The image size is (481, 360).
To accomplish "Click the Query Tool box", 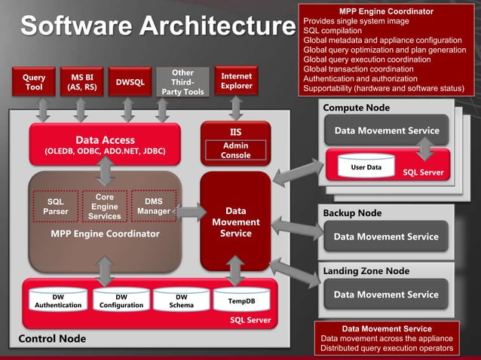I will pyautogui.click(x=34, y=82).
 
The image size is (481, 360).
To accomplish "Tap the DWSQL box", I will pyautogui.click(x=129, y=82).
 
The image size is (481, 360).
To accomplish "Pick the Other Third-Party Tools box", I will pyautogui.click(x=182, y=82).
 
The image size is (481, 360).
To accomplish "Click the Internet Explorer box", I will pyautogui.click(x=237, y=81).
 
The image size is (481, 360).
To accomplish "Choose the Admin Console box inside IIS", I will pyautogui.click(x=235, y=150).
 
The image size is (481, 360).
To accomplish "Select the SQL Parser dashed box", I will pyautogui.click(x=56, y=206).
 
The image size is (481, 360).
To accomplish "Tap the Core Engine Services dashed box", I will pyautogui.click(x=104, y=206).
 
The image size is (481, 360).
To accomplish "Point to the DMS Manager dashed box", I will pyautogui.click(x=153, y=206).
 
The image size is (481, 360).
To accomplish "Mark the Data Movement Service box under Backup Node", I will pyautogui.click(x=386, y=236).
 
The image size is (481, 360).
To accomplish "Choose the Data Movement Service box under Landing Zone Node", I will pyautogui.click(x=386, y=294).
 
